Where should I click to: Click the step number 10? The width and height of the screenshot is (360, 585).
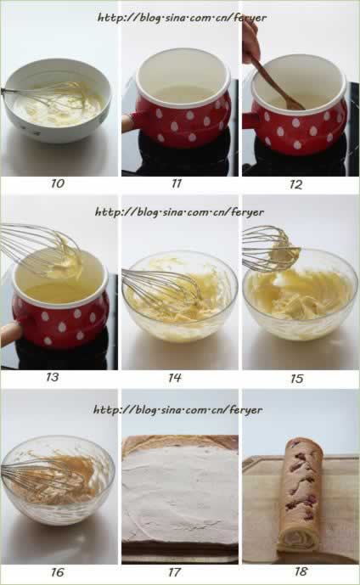(58, 183)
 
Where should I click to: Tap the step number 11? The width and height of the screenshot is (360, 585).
(177, 183)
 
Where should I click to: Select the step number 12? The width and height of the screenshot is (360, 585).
(295, 184)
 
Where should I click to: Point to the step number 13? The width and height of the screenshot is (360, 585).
(53, 377)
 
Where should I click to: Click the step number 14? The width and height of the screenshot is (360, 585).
(175, 378)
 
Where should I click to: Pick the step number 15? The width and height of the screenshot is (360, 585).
(297, 379)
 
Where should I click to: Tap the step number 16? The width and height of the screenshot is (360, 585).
(58, 572)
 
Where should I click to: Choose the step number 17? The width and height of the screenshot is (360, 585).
(175, 572)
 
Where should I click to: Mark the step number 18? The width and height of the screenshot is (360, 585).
(301, 571)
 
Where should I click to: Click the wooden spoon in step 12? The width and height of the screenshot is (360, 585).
(276, 84)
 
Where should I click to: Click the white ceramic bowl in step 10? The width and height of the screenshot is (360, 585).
(57, 100)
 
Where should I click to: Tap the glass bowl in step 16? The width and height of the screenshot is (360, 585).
(59, 481)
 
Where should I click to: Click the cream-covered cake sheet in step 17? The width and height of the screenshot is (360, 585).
(180, 496)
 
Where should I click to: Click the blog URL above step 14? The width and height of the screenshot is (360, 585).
(179, 212)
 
